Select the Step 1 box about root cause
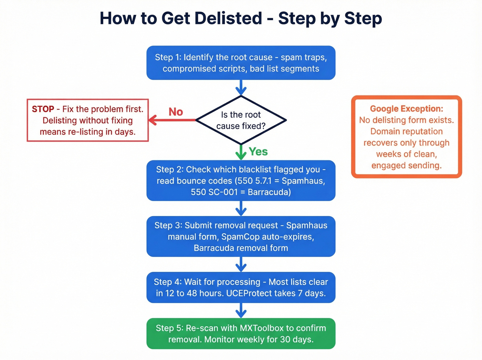click(x=241, y=63)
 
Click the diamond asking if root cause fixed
click(x=241, y=120)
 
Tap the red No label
click(x=176, y=112)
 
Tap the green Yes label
click(x=258, y=152)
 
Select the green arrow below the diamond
click(x=241, y=152)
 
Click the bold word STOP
click(x=43, y=109)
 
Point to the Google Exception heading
click(x=406, y=109)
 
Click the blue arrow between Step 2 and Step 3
click(x=241, y=208)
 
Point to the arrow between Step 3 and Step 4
click(x=241, y=264)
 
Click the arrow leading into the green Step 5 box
click(x=241, y=310)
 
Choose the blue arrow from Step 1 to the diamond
click(x=241, y=88)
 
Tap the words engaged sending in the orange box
click(x=406, y=166)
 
